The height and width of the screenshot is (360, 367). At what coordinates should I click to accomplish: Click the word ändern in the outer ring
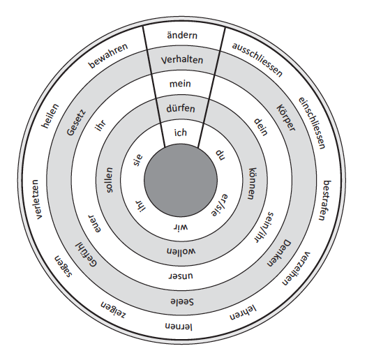click(182, 36)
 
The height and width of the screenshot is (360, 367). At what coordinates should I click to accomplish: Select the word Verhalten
click(182, 60)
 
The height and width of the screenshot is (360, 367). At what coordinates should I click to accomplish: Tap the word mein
click(180, 84)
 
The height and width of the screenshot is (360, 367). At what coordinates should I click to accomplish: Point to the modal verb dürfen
click(181, 108)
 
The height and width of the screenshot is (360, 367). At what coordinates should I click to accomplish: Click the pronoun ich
click(181, 133)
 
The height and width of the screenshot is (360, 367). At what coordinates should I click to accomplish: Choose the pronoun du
click(220, 155)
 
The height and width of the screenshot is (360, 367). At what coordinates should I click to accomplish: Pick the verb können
click(253, 183)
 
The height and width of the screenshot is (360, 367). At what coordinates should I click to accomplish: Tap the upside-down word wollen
click(181, 251)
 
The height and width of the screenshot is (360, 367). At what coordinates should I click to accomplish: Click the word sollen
click(109, 180)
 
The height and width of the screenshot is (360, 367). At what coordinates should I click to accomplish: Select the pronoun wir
click(181, 227)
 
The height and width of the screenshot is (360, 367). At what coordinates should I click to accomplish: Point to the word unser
click(181, 276)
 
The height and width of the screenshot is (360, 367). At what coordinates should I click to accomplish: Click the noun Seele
click(182, 301)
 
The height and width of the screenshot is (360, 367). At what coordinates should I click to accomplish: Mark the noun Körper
click(286, 118)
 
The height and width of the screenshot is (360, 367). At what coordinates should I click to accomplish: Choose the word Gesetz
click(76, 123)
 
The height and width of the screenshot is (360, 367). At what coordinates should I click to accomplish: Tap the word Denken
click(279, 253)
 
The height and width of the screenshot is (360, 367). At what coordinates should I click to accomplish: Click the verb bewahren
click(108, 56)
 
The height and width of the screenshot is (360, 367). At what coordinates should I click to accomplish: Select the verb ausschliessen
click(257, 60)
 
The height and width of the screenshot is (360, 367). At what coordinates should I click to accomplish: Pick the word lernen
click(179, 327)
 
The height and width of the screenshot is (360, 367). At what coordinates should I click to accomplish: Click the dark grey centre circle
click(181, 180)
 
